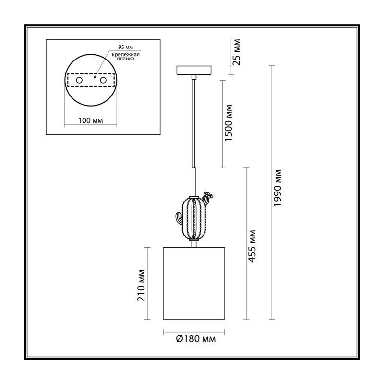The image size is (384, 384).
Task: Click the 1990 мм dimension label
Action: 277,188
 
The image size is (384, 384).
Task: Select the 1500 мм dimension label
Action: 228,123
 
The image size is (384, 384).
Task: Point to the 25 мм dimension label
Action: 236,52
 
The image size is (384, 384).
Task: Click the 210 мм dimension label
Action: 141,285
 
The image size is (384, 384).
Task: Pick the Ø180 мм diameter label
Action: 196,339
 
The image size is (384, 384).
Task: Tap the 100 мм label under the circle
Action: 90,120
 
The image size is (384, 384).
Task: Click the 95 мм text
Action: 126,47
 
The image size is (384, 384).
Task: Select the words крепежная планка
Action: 126,57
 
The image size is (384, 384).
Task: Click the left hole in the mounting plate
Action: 79,80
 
